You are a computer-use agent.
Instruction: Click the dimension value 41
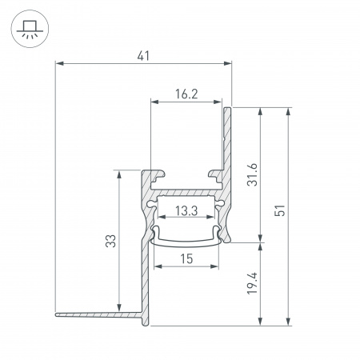coord(143,55)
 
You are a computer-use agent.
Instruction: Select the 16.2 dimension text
coord(186,94)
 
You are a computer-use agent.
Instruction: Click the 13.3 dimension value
coord(186,211)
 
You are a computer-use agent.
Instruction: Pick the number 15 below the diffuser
coord(186,258)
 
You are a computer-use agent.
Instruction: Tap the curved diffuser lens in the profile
coord(186,238)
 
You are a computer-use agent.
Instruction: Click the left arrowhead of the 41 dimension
coord(58,64)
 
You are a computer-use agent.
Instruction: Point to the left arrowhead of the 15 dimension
coord(154,266)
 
